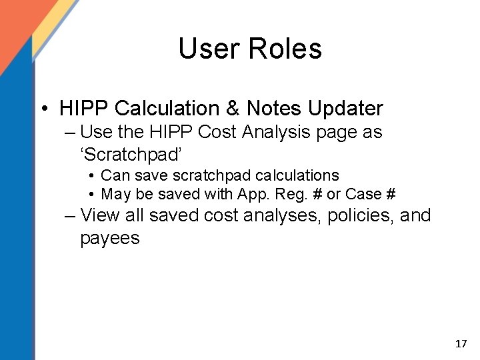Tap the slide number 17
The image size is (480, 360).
[x=461, y=344]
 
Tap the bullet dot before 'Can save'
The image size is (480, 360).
[x=91, y=176]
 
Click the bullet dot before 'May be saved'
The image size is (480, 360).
[x=91, y=195]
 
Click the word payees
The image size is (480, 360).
[x=110, y=238]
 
